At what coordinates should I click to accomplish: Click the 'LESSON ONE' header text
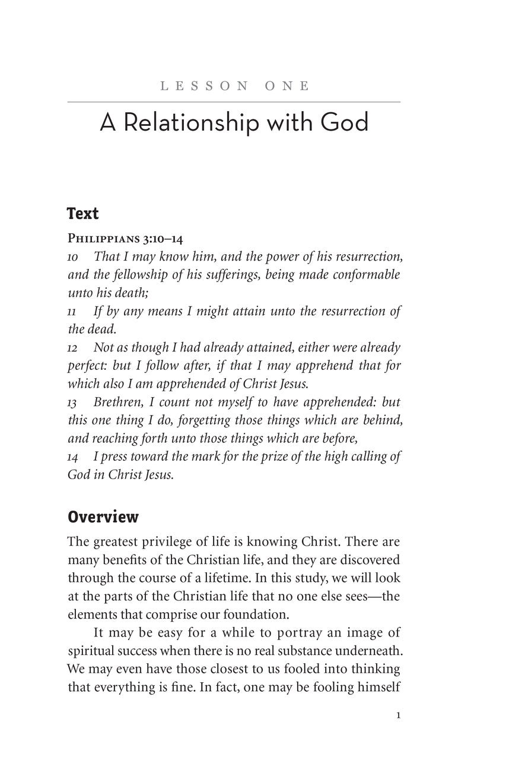point(234,86)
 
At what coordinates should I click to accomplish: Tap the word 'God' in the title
point(345,123)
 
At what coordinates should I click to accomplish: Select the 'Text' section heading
point(83,213)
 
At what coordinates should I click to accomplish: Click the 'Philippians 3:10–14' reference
point(126,239)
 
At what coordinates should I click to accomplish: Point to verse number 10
point(73,257)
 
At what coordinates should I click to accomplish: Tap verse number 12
point(73,349)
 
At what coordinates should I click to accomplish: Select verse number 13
point(73,403)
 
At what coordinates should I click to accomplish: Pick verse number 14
point(73,458)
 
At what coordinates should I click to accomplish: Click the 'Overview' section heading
point(103,517)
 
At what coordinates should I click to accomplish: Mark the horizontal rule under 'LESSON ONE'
point(234,102)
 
